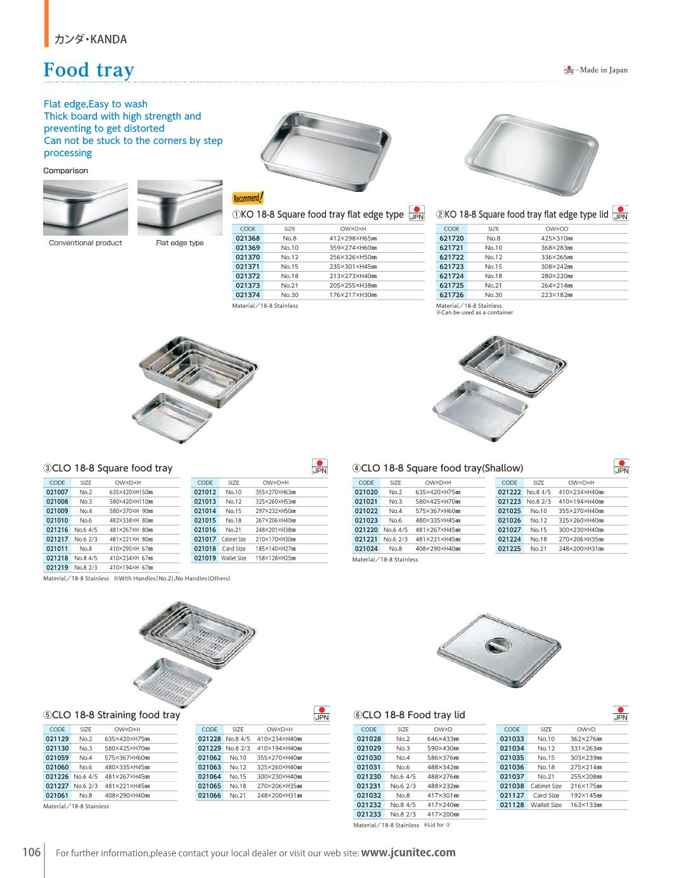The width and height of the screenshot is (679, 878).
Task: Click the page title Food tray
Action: [x=89, y=70]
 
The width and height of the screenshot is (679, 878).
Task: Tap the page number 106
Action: [x=31, y=851]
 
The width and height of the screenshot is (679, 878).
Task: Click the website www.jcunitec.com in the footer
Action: [x=408, y=852]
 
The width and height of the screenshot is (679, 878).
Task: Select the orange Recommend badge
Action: [x=248, y=198]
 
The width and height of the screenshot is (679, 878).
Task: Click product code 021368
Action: [x=247, y=238]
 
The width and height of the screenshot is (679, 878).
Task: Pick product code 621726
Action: [x=451, y=295]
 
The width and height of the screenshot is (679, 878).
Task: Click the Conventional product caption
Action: [x=85, y=243]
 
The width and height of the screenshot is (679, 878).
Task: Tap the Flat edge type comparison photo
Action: [x=179, y=208]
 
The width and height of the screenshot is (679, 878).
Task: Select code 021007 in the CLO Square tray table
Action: [x=57, y=492]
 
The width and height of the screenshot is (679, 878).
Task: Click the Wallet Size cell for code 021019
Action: [x=233, y=558]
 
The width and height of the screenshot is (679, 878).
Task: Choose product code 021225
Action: [x=509, y=549]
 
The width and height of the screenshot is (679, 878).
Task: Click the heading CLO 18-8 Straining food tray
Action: [x=112, y=715]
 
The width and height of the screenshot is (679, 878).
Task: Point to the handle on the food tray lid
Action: [x=498, y=645]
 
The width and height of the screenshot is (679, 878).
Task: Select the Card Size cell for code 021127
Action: [x=546, y=795]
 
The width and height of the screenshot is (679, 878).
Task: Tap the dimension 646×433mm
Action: [x=443, y=739]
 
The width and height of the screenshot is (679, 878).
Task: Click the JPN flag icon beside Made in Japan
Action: [x=569, y=70]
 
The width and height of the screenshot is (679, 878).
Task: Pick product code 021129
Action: [x=57, y=739]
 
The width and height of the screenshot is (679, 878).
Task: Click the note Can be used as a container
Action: [x=476, y=312]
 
